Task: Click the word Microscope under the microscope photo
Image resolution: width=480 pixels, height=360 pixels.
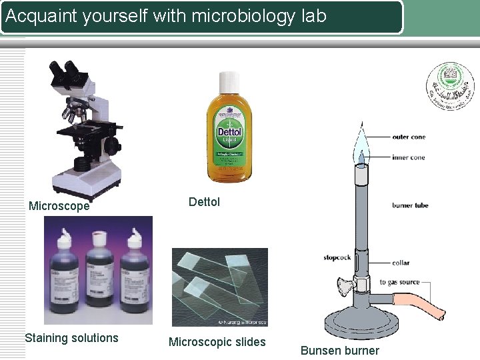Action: pos(59,207)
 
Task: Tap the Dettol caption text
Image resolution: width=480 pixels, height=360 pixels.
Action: pos(204,201)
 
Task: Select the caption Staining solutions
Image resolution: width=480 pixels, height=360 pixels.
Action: pos(71,338)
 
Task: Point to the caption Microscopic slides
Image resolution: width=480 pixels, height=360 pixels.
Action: pos(217,342)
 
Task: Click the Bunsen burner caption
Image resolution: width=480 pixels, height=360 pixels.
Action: pos(339,351)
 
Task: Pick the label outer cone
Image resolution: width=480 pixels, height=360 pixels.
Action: pos(409,137)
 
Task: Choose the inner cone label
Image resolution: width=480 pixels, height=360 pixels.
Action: pos(409,158)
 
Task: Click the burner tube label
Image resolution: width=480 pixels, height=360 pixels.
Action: pos(410,206)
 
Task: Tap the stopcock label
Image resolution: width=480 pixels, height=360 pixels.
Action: pos(337,257)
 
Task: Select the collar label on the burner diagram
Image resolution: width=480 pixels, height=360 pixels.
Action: pos(401,263)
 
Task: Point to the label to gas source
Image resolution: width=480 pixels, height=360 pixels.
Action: pos(400,283)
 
